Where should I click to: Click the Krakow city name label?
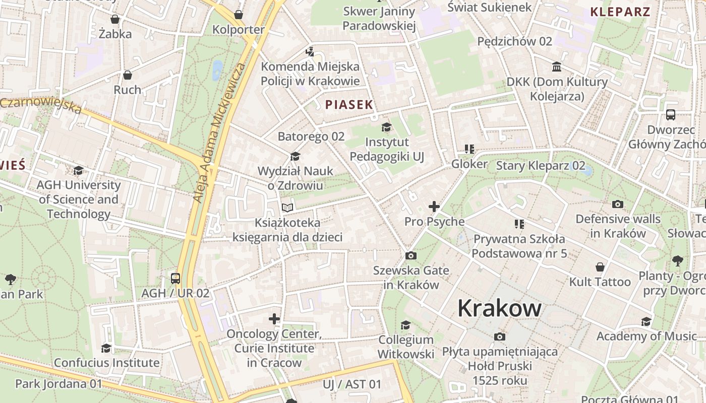point(499,308)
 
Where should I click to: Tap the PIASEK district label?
point(349,105)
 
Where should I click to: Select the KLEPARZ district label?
point(620,12)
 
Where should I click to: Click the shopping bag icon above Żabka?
point(115,20)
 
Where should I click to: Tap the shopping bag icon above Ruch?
point(128,75)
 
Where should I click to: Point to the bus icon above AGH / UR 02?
point(175,278)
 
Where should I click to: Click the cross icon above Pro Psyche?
point(434,207)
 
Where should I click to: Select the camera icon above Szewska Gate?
point(411,256)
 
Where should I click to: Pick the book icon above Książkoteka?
point(287,208)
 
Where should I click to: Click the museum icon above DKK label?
point(557,67)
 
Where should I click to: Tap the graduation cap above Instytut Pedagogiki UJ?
point(387,127)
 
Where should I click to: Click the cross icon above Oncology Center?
point(274,319)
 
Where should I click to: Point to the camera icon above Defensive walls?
point(618,205)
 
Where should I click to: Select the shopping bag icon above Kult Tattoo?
point(600,267)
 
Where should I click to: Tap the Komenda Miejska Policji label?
point(310,74)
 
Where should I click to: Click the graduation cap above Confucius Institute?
point(106,348)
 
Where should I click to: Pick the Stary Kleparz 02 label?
point(541,166)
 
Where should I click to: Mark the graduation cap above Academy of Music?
point(646,321)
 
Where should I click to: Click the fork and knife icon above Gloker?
point(469,149)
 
